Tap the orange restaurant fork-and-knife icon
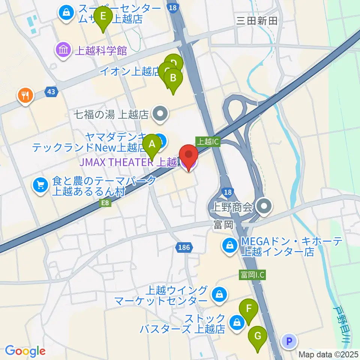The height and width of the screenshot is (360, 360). click(x=25, y=95)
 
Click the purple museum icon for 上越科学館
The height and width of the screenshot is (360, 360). click(x=63, y=50)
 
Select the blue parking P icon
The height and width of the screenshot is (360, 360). click(x=289, y=341)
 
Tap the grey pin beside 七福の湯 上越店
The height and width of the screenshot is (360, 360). click(x=160, y=114)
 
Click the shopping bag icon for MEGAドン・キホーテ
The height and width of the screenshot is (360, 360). click(x=229, y=246)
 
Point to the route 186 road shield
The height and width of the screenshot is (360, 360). click(x=184, y=247)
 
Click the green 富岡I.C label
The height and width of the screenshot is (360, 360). click(x=252, y=275)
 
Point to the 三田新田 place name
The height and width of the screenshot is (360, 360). click(x=257, y=21)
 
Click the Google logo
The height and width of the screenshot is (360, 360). click(x=25, y=351)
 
